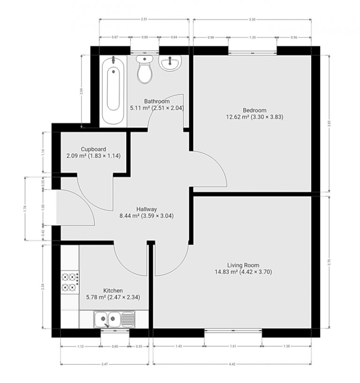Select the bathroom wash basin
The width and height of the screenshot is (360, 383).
pos(170,64)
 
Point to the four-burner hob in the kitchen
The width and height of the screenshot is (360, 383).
pos(69,282)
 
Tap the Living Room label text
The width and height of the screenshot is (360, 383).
pos(243,265)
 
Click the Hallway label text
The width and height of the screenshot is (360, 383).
pos(147,209)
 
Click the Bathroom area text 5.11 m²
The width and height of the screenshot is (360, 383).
pos(139,108)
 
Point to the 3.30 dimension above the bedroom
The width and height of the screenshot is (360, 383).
pos(252,20)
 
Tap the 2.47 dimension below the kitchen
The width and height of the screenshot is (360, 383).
pos(105,363)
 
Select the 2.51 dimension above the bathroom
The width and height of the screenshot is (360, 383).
pos(144,20)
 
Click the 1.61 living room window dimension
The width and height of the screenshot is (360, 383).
pos(233,347)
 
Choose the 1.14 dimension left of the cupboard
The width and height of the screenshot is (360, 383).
pos(44,152)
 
